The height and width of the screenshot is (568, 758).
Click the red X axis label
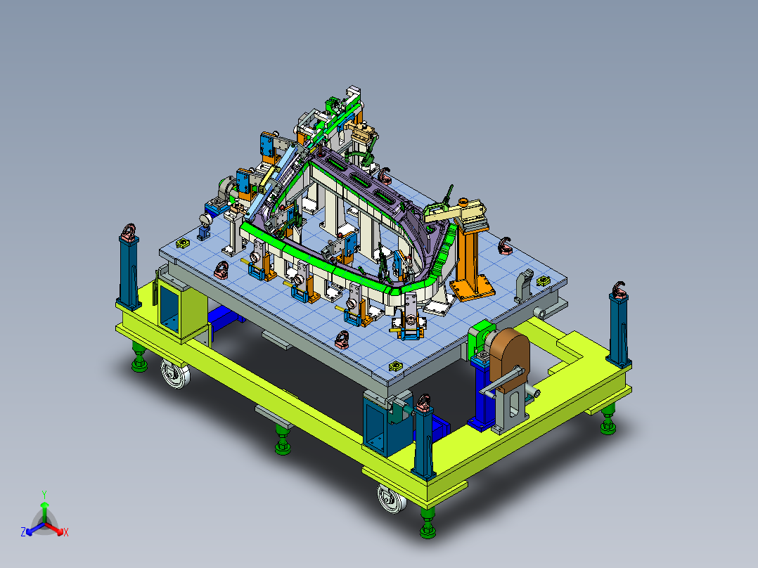65,533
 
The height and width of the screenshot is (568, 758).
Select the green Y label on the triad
44,494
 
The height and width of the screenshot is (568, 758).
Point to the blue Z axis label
23,533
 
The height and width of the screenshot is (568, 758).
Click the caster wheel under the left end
173,373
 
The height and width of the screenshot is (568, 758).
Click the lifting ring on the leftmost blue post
129,232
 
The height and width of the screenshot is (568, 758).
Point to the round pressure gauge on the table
205,219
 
